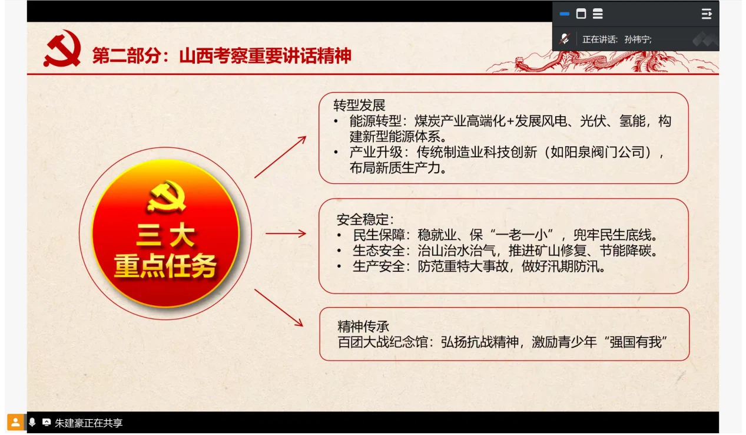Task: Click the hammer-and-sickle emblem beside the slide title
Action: click(x=62, y=48)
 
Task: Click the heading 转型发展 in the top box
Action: click(x=359, y=106)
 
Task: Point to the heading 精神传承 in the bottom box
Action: click(x=363, y=327)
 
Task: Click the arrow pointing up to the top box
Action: click(x=280, y=157)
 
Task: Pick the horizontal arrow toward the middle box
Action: click(x=286, y=233)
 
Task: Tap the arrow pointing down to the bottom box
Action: click(x=278, y=308)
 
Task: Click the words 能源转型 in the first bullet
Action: click(x=375, y=121)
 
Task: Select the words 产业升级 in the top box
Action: click(x=376, y=152)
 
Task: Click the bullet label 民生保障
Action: click(x=379, y=235)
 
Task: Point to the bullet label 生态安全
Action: click(x=379, y=251)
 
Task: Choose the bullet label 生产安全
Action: click(x=379, y=266)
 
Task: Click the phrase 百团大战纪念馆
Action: click(x=383, y=342)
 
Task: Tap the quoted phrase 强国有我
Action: click(x=636, y=342)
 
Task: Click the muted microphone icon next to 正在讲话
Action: click(x=565, y=39)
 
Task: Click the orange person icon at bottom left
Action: click(x=15, y=423)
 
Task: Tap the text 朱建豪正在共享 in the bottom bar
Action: click(x=88, y=423)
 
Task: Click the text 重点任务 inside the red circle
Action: click(x=165, y=266)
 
